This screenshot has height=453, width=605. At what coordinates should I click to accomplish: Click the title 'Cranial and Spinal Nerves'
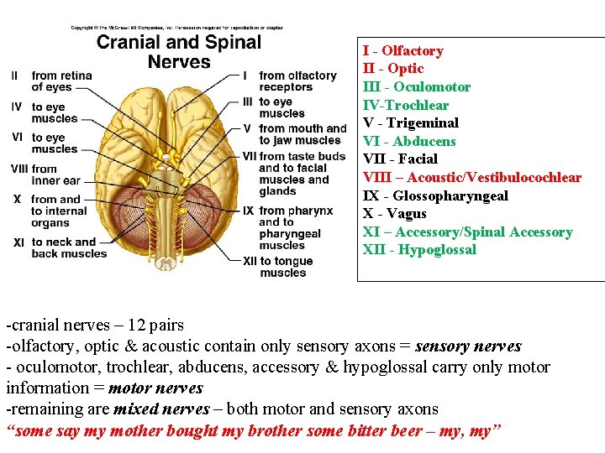pos(178,51)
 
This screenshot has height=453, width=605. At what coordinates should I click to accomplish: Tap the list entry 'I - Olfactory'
pos(402,50)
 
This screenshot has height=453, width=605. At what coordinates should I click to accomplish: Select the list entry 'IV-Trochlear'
pos(405,105)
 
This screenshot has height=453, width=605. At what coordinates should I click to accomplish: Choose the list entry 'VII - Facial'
pos(400,159)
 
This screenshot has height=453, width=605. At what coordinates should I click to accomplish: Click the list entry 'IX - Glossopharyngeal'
pos(435,195)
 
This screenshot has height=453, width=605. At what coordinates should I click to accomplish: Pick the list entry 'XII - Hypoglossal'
pos(419,249)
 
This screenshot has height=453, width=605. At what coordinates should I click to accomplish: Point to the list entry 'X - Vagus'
pos(394,213)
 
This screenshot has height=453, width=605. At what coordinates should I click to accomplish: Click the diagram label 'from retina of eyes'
pos(61,81)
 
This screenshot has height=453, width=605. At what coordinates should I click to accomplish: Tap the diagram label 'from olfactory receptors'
pos(297,81)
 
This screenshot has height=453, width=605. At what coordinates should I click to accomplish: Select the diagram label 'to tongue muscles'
pos(286,267)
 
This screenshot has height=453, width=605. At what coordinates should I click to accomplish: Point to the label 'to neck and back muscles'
pos(69,247)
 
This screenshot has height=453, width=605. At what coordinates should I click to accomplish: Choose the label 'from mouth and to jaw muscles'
pos(302,134)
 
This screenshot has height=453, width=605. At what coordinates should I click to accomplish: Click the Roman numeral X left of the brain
pos(17,200)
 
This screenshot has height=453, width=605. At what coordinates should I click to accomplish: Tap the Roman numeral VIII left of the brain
pos(19,169)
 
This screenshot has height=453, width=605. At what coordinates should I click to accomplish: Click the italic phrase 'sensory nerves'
pos(468,346)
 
